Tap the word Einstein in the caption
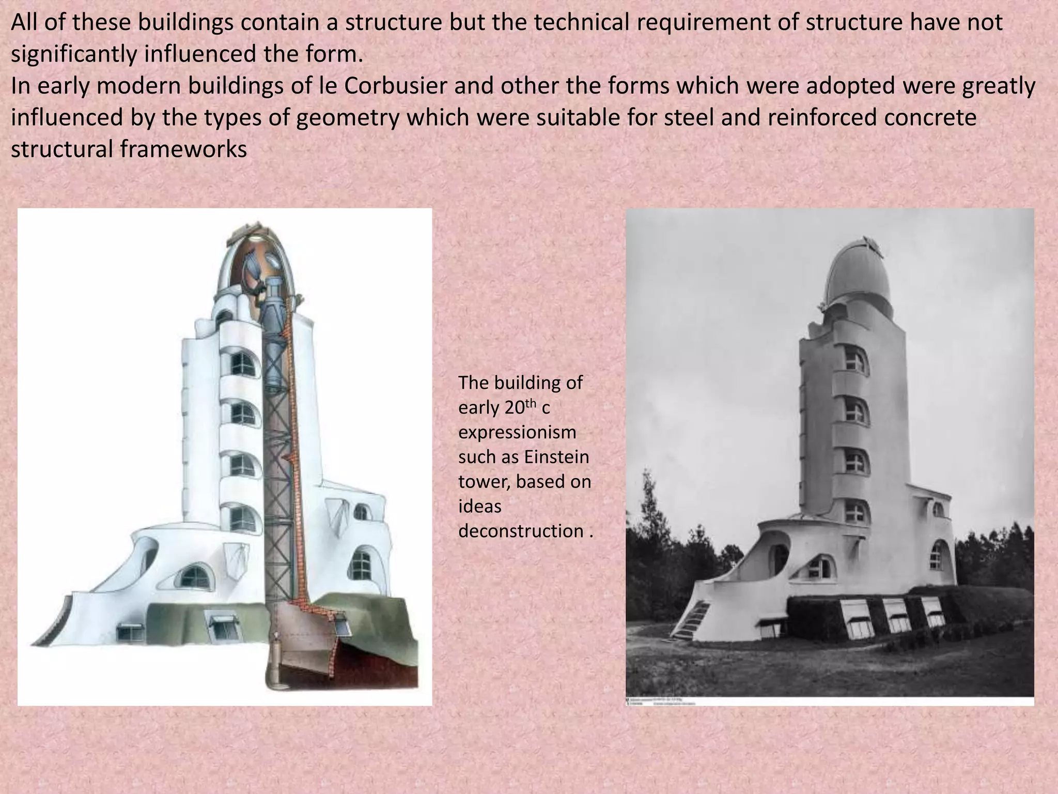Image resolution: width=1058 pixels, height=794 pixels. point(556,457)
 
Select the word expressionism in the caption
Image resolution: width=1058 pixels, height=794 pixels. point(517,432)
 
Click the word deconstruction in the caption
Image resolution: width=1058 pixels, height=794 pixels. point(521,531)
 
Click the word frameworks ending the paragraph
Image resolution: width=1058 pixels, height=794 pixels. point(183,150)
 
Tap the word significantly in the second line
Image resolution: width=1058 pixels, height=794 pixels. point(73,54)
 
